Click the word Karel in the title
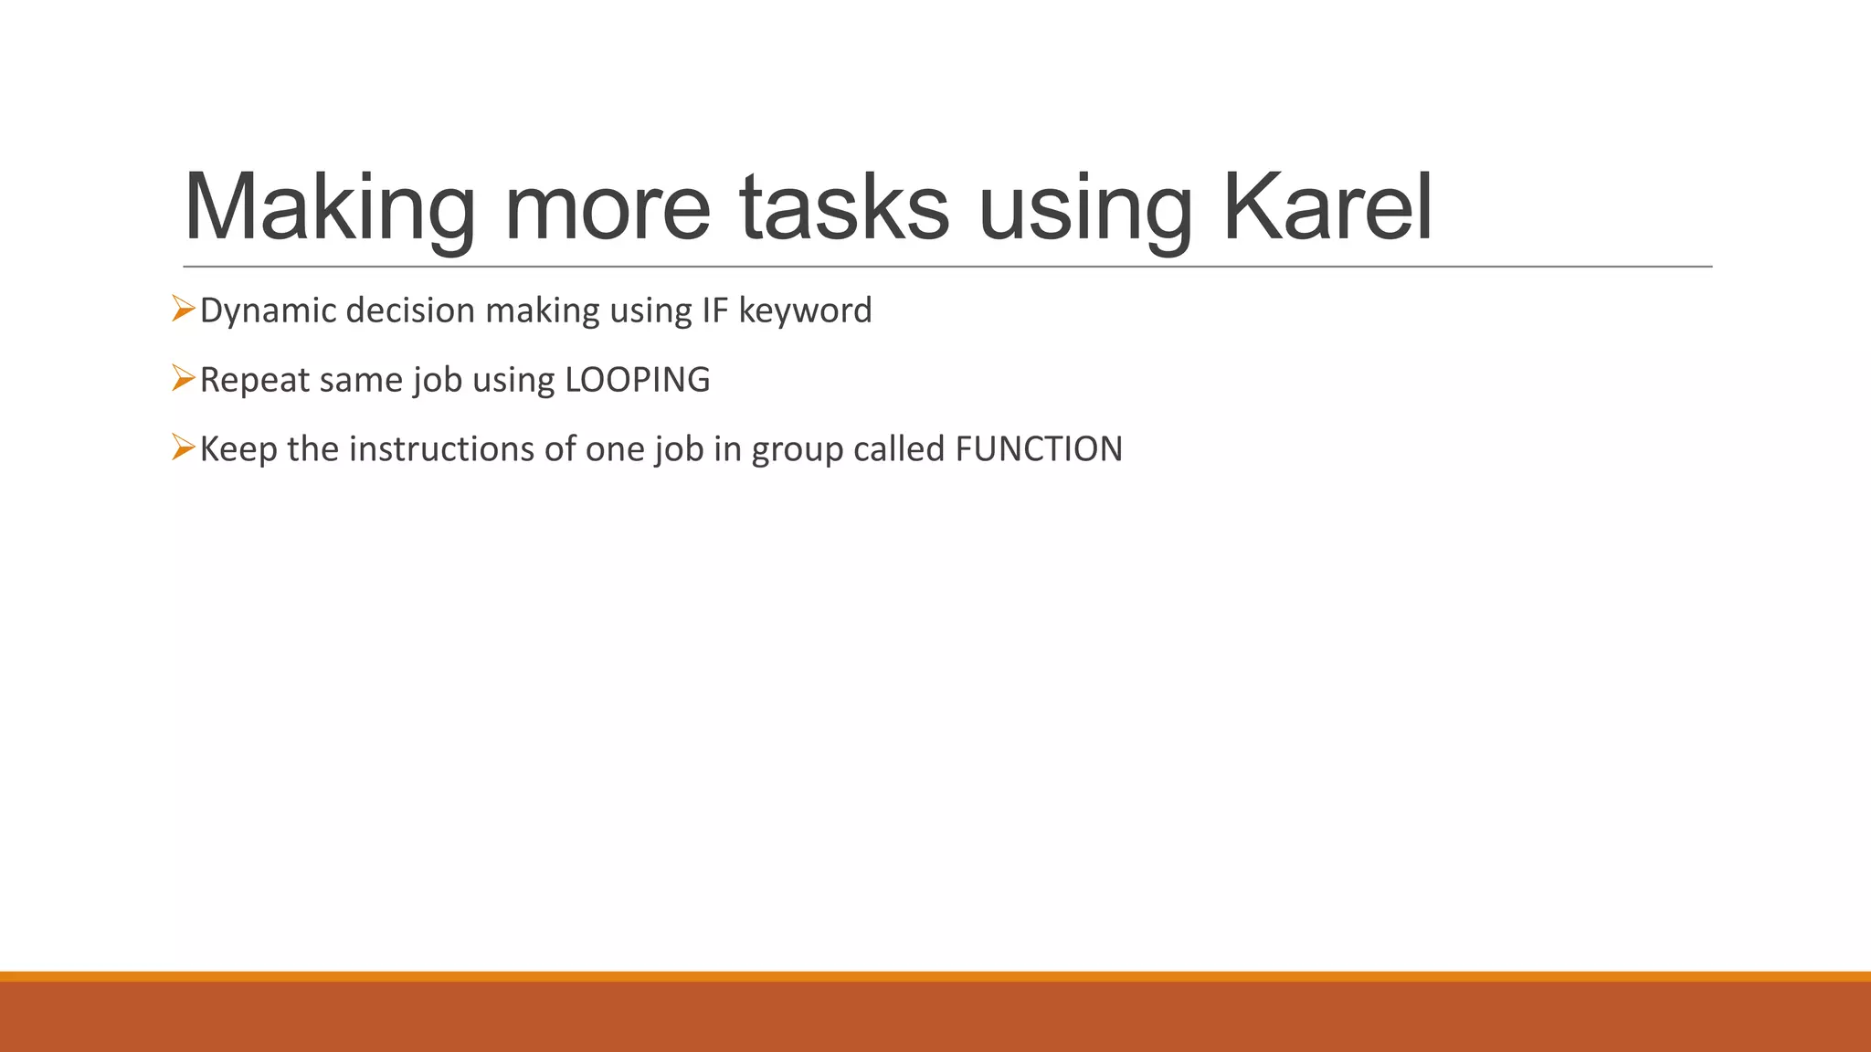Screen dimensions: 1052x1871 [1327, 207]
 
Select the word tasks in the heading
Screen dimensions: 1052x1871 [844, 207]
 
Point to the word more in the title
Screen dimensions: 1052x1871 [607, 207]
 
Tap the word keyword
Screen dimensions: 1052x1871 [805, 311]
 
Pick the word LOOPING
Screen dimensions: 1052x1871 [638, 380]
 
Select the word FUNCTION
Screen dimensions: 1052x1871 [1039, 449]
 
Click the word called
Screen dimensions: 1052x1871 [898, 449]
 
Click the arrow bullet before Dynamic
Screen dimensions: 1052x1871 [183, 310]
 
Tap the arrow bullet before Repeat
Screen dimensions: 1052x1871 [183, 379]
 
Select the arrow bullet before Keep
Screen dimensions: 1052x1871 [183, 448]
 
